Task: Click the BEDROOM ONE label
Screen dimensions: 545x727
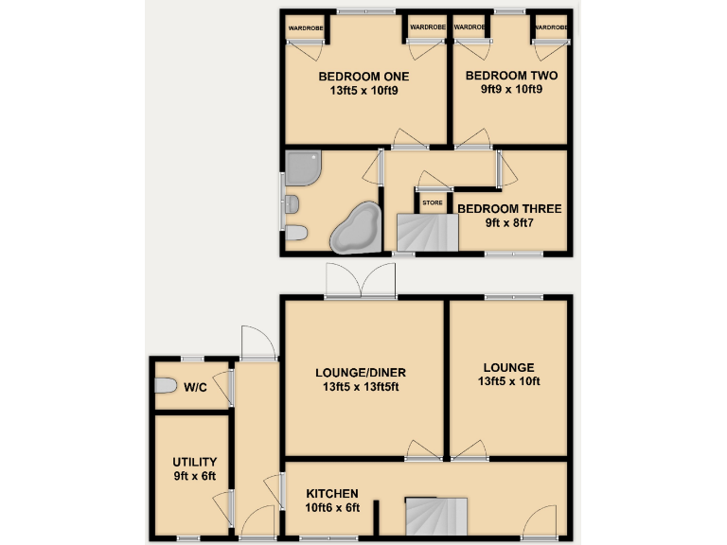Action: coord(363,76)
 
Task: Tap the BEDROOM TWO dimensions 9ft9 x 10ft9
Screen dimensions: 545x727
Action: coord(511,91)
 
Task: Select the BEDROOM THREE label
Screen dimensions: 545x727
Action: coord(509,209)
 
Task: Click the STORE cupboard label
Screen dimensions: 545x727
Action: coord(432,202)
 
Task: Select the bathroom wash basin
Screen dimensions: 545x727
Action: coord(293,203)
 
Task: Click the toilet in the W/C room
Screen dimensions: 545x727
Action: coord(166,386)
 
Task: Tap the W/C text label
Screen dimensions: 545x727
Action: coord(196,387)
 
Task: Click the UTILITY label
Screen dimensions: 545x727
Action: coord(194,461)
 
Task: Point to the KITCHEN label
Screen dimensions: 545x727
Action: coord(331,494)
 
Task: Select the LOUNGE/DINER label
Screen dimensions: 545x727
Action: coord(363,372)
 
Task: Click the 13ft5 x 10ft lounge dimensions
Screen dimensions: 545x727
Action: coord(509,382)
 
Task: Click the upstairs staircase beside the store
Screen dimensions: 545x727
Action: coord(424,233)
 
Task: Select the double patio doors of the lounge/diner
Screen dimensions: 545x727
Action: coord(360,280)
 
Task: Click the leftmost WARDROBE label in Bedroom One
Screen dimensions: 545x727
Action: coord(305,27)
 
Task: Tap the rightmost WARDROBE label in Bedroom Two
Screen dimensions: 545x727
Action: coord(550,27)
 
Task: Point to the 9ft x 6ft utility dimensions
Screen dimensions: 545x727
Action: coord(194,476)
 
